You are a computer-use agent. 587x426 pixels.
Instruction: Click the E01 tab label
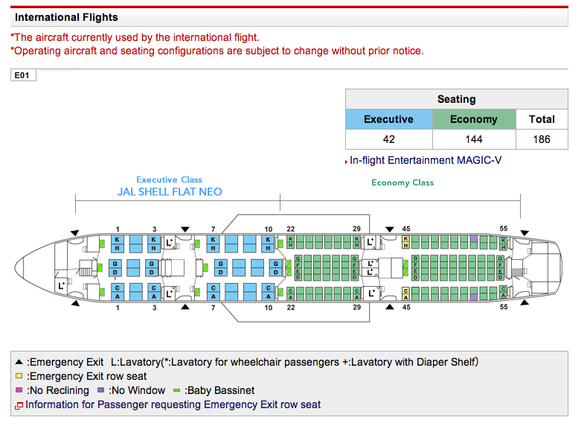coord(24,75)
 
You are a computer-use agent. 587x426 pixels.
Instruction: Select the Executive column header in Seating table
coord(388,119)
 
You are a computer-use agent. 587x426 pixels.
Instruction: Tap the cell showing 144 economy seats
coord(473,139)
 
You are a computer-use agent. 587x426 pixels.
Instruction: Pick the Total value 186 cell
coord(541,139)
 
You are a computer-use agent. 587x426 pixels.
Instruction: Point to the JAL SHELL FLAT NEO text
coord(170,191)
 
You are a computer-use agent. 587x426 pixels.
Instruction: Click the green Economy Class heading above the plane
coord(402,182)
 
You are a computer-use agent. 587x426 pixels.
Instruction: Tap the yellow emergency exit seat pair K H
coord(405,242)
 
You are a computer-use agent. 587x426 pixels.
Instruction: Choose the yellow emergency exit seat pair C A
coord(405,293)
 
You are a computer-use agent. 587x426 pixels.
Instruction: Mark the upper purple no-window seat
coord(473,238)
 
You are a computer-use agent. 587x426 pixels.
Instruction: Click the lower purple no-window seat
coord(473,296)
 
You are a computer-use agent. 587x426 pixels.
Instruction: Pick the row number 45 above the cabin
coord(405,229)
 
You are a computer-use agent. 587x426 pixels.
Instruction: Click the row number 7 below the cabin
coord(214,307)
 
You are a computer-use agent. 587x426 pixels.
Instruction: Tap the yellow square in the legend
coord(19,377)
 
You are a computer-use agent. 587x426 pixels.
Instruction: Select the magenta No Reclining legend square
coord(19,390)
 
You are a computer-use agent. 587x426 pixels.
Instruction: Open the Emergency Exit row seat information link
coord(173,404)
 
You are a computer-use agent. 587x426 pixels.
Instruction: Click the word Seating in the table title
coord(456,99)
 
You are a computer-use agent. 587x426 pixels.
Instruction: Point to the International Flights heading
coord(66,17)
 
